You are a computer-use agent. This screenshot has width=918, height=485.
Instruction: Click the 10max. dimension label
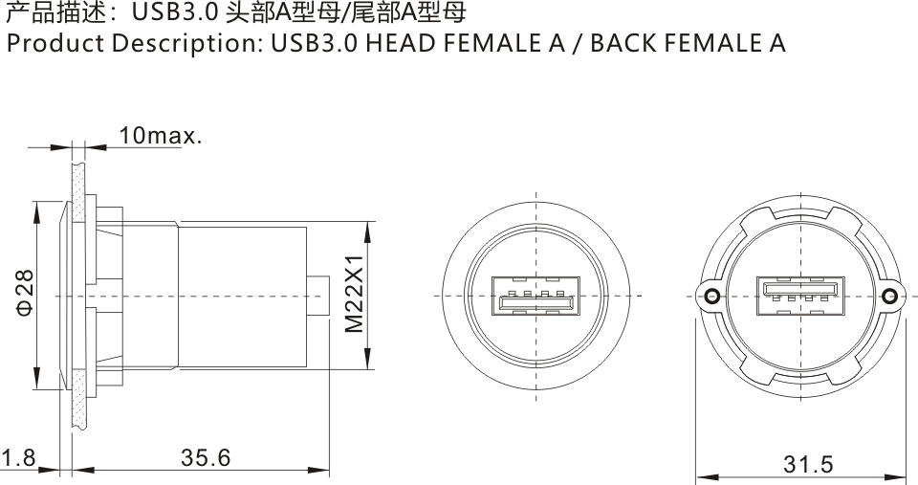pos(161,136)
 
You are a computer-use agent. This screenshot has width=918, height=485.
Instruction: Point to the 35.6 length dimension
pos(206,458)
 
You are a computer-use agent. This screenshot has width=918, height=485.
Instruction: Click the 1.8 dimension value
pos(18,458)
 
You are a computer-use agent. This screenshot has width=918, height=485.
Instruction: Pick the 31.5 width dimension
pos(808,465)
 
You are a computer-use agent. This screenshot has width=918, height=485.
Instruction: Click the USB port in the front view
pos(535,298)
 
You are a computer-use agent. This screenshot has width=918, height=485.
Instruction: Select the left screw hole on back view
pos(710,297)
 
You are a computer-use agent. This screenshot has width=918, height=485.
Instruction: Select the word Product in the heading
pos(49,44)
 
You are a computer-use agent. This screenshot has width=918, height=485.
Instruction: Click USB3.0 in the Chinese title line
pos(170,13)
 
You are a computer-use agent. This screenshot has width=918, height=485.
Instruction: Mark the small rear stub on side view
pos(321,296)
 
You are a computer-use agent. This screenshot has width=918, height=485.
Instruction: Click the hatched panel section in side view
pos(77,297)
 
